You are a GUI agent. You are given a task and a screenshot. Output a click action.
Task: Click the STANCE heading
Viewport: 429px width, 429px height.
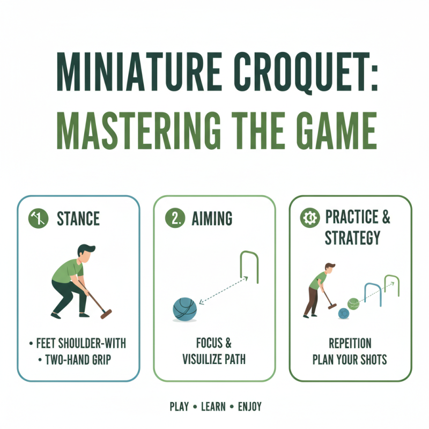[x=78, y=219]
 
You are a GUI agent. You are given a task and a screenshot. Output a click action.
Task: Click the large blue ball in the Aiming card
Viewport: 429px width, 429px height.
[x=185, y=309]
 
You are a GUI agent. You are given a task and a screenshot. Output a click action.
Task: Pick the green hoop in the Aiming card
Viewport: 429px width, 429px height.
[x=249, y=267]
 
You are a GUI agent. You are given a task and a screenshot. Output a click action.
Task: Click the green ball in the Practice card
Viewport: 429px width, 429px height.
[x=353, y=304]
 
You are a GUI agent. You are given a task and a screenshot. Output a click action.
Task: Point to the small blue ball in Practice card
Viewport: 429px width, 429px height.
[x=344, y=313]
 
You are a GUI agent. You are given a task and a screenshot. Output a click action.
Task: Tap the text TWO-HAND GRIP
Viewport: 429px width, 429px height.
[x=79, y=359]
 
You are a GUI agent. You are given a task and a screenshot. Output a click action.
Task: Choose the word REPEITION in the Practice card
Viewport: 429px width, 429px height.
[x=350, y=344]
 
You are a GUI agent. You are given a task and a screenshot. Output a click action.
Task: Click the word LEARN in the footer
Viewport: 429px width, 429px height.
[x=213, y=406]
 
